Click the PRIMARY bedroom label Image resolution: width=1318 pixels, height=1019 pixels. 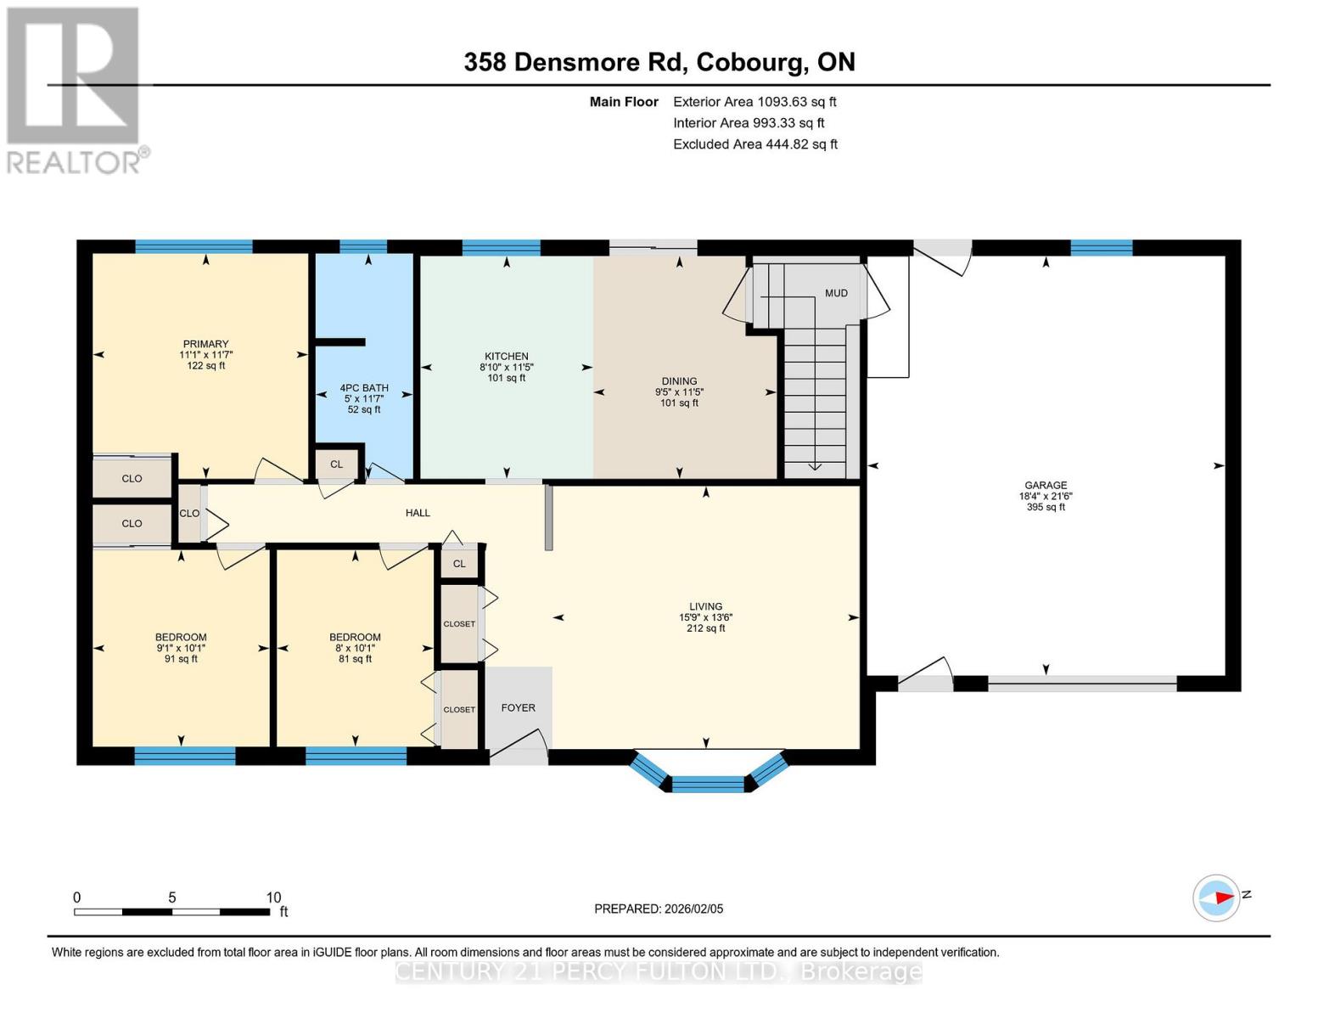[205, 345]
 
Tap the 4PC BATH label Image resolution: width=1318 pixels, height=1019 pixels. [364, 388]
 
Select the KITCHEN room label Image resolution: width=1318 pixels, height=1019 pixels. [507, 357]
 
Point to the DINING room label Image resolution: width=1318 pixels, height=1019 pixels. [679, 382]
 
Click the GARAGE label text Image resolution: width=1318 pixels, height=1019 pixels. [1045, 486]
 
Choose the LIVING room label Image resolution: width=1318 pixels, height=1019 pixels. [705, 607]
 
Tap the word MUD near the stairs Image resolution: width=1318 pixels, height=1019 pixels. [836, 293]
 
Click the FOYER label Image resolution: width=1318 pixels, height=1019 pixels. [518, 707]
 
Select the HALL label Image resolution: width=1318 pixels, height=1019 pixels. [418, 513]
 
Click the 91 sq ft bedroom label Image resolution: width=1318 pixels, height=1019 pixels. [181, 638]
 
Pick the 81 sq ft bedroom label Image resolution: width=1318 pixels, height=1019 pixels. [355, 638]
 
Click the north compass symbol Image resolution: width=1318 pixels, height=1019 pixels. [1217, 898]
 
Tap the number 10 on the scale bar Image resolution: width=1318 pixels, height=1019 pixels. [273, 898]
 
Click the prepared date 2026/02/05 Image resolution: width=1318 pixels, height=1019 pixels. [693, 909]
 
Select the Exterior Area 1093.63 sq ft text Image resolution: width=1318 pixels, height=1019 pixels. [754, 102]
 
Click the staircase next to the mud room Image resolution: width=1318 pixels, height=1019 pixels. [815, 399]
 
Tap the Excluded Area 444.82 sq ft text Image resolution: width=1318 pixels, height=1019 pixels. [754, 144]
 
